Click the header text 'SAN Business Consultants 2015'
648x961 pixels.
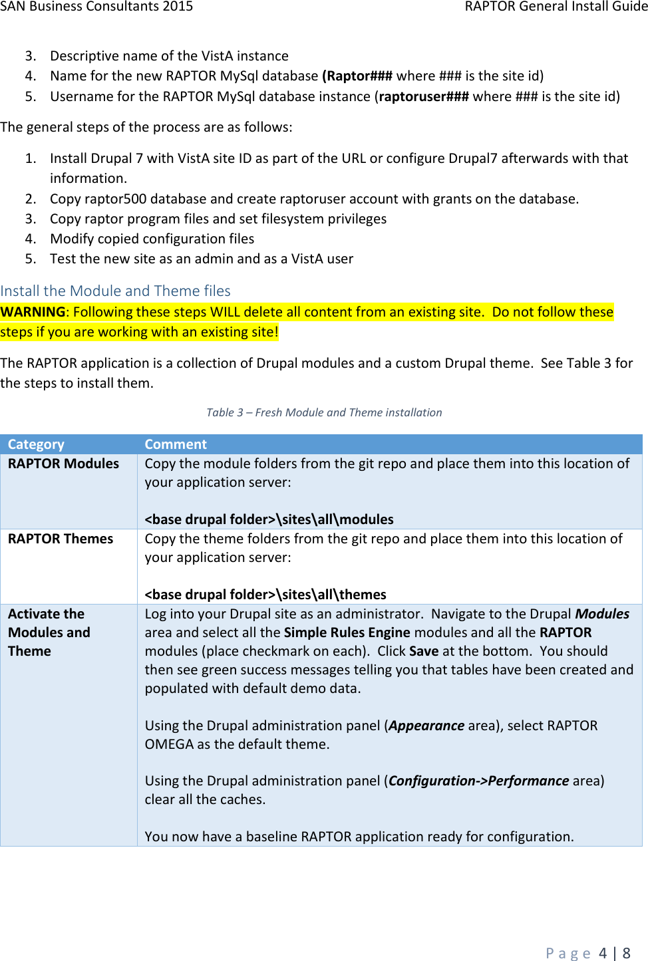click(96, 7)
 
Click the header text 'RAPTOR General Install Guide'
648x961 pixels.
click(556, 7)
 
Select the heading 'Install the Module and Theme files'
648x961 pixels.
click(115, 291)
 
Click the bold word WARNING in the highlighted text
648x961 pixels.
click(33, 312)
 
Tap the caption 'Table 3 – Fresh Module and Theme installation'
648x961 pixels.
click(324, 412)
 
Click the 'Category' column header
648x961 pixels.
click(36, 444)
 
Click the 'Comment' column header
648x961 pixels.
click(176, 444)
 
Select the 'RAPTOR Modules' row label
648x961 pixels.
click(63, 464)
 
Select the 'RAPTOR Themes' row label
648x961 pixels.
click(61, 539)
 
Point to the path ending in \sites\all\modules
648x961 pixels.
click(269, 519)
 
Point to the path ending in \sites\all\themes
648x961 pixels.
click(265, 595)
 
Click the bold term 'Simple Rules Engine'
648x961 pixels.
click(347, 632)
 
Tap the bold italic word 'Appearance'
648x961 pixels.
click(426, 726)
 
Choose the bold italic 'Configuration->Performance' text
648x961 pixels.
click(478, 781)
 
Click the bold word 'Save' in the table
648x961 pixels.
click(424, 651)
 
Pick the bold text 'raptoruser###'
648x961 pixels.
click(424, 96)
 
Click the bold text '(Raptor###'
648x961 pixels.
click(357, 76)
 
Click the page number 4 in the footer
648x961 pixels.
click(603, 953)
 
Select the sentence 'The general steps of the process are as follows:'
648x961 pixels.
click(146, 127)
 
